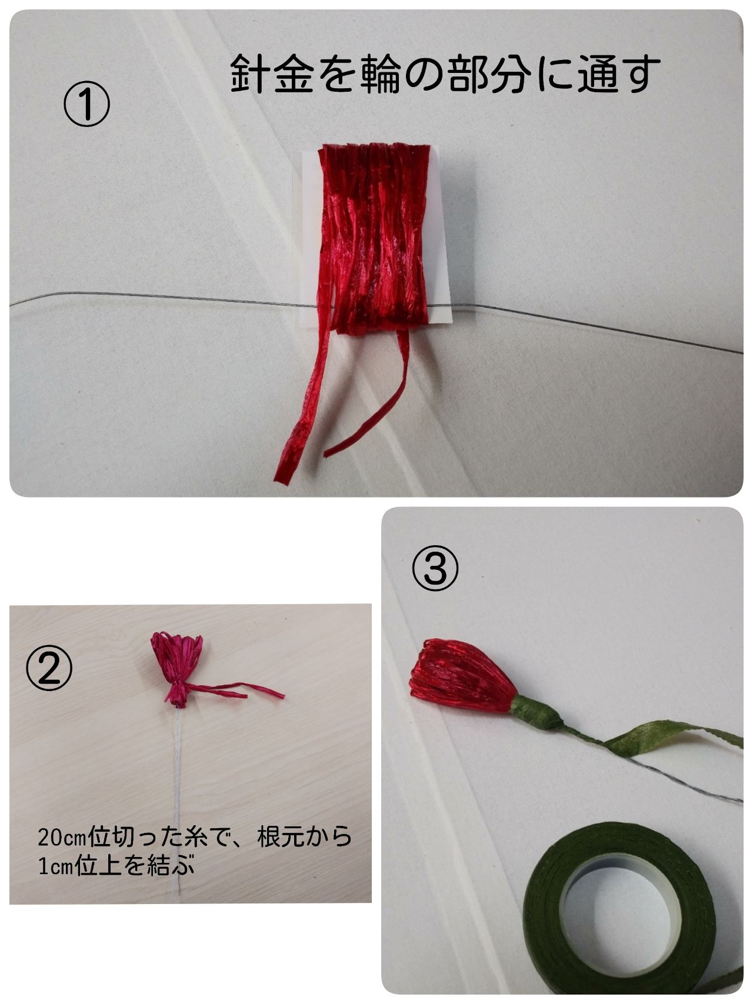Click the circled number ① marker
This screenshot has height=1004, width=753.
click(86, 105)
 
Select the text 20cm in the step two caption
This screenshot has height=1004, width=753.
click(61, 837)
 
